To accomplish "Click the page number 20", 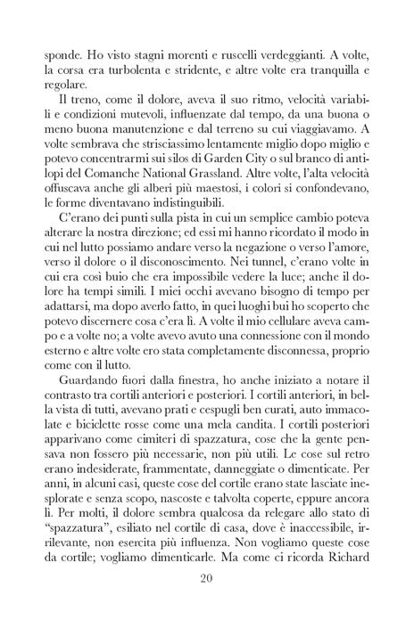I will [x=206, y=578].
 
